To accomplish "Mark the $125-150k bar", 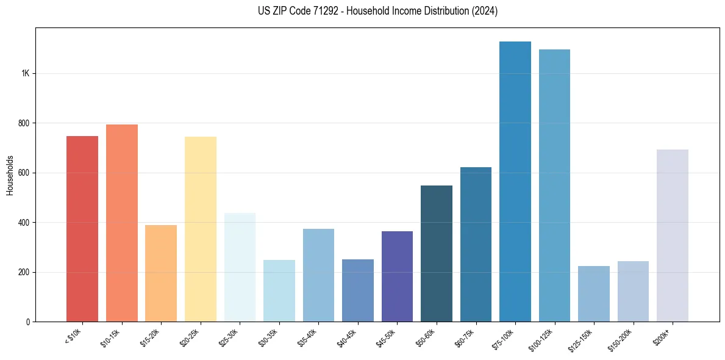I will pyautogui.click(x=593, y=293).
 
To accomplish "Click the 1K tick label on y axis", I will pyautogui.click(x=25, y=73).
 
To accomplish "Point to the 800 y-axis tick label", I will pyautogui.click(x=23, y=123).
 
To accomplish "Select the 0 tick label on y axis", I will pyautogui.click(x=28, y=322).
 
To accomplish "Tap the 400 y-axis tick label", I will pyautogui.click(x=23, y=223).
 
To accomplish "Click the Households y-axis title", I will pyautogui.click(x=10, y=175).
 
